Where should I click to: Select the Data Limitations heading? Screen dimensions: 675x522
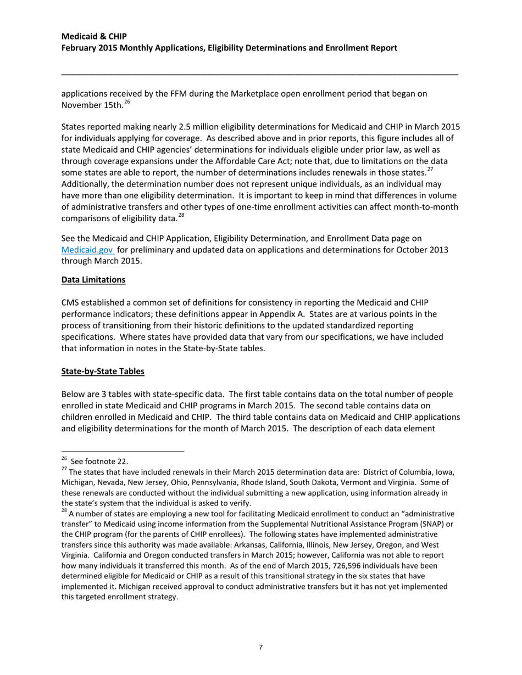tap(93, 280)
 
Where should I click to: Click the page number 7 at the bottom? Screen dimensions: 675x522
tap(260, 648)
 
